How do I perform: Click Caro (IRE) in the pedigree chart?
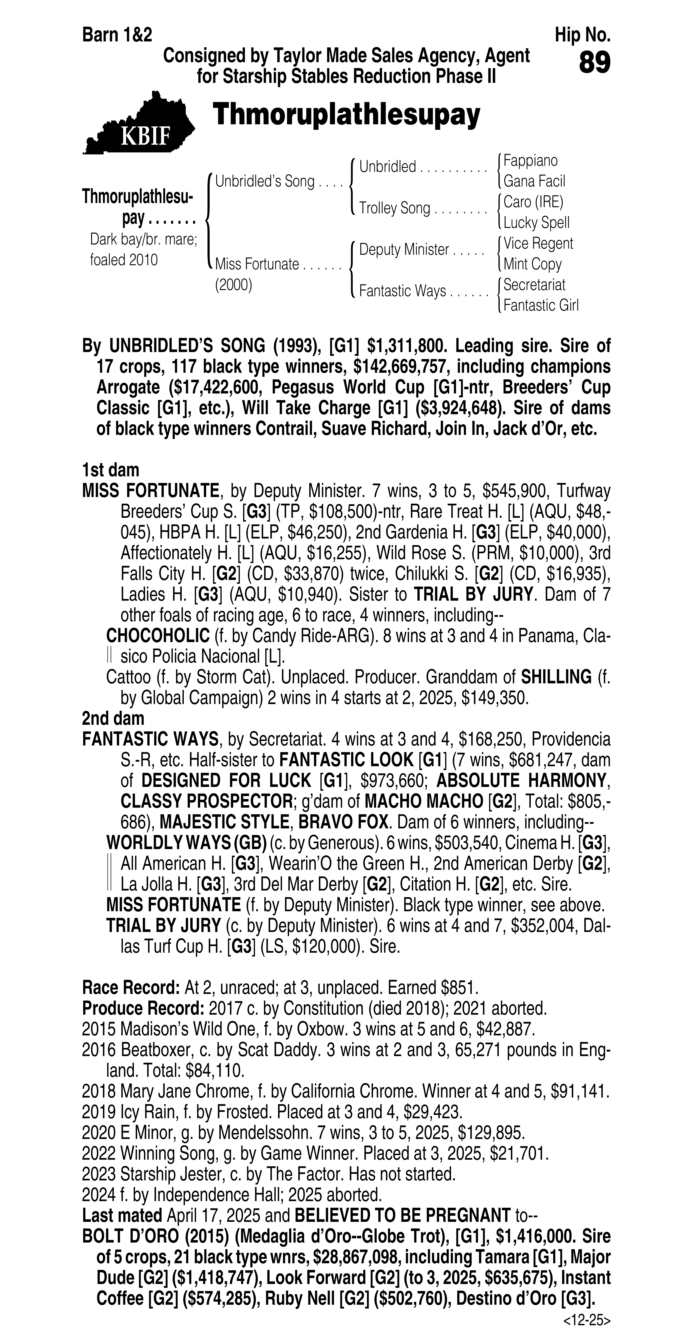[533, 202]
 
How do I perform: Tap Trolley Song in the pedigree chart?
[394, 208]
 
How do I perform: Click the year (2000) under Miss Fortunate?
[233, 286]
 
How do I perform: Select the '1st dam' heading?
[110, 470]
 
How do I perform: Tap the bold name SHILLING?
[556, 677]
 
